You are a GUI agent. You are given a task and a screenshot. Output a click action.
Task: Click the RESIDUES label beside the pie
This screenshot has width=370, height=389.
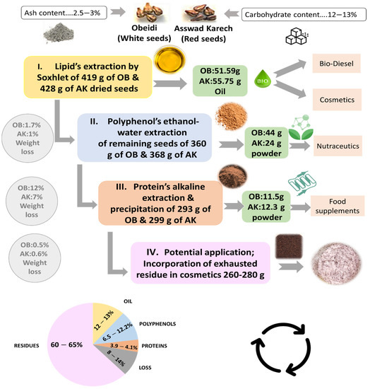(25, 347)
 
